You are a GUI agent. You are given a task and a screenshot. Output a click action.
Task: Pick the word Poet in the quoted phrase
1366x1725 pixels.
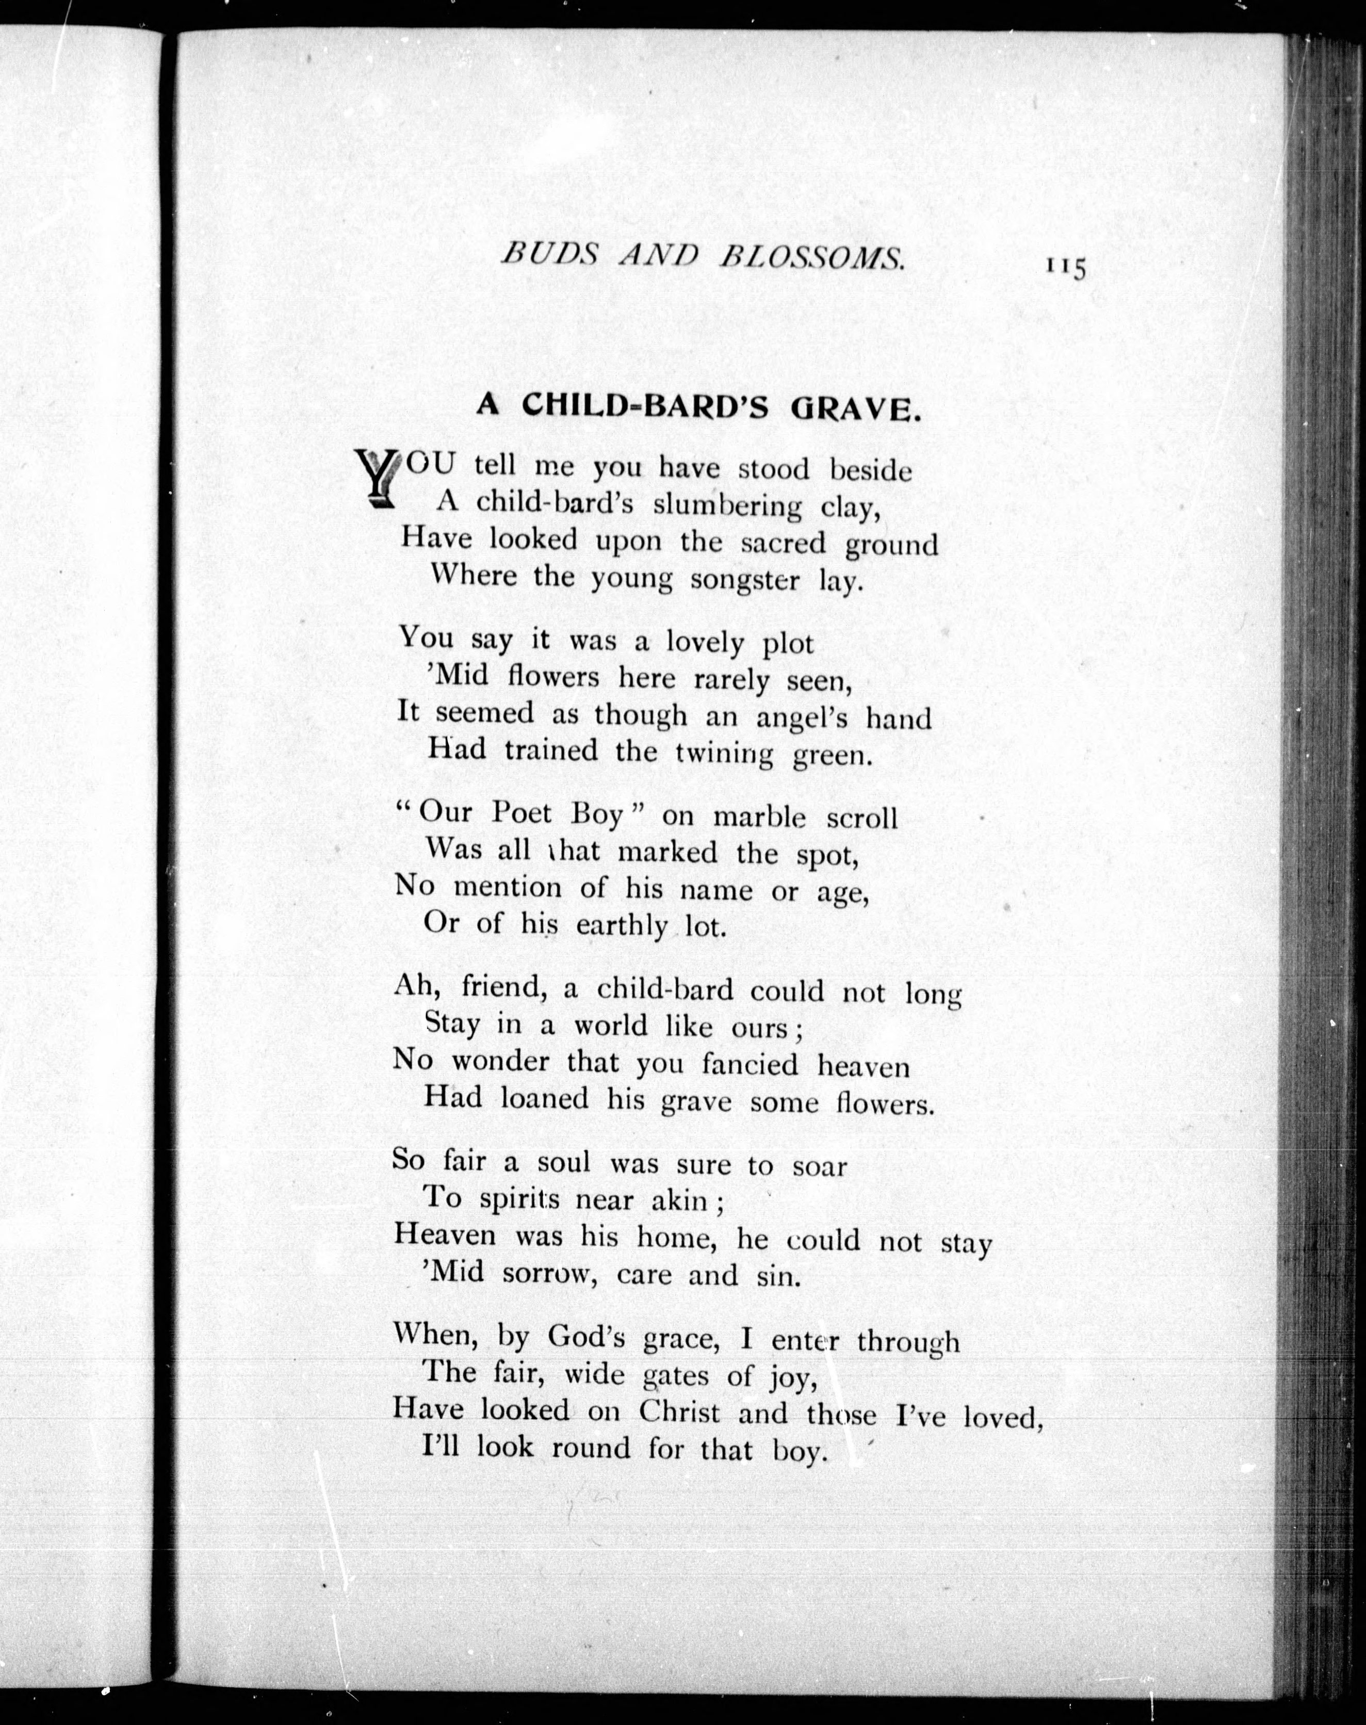pyautogui.click(x=522, y=813)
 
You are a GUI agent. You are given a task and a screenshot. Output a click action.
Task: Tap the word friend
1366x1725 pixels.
pyautogui.click(x=502, y=988)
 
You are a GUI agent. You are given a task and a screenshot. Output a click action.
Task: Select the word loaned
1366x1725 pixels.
pyautogui.click(x=545, y=1099)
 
